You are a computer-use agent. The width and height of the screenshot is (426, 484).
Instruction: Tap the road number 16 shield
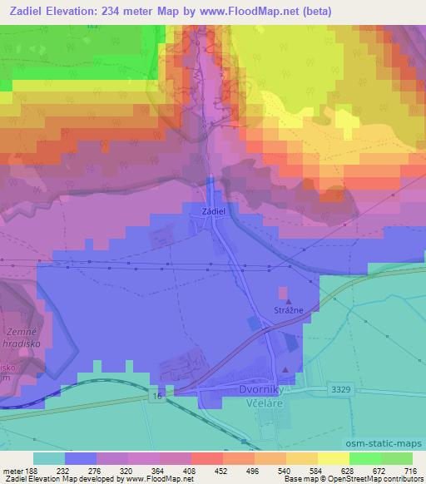coord(156,398)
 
